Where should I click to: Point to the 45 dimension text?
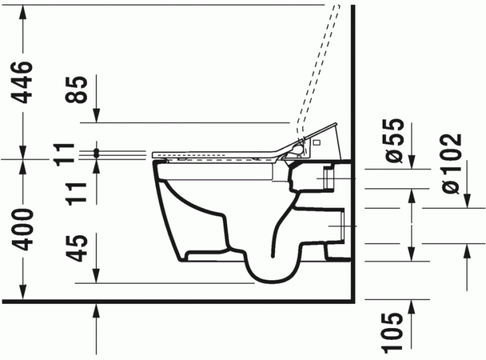pos(82,248)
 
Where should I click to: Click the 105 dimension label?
pos(393,333)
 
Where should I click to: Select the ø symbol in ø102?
pos(450,186)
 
